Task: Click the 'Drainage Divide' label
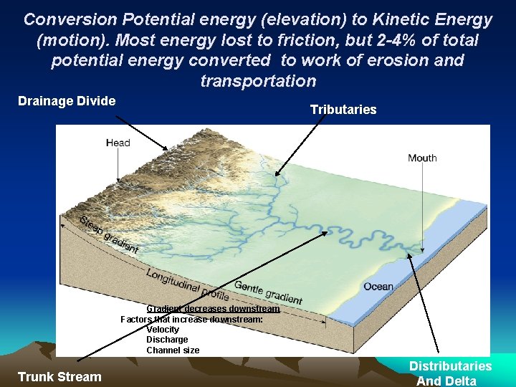point(66,101)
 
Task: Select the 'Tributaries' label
point(343,110)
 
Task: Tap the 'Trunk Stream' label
point(59,376)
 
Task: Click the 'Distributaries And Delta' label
point(449,373)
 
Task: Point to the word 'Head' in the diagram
point(118,143)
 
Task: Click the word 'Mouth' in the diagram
point(422,158)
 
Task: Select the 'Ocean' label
point(378,287)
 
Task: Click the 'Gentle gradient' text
point(268,292)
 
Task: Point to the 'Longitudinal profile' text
point(188,284)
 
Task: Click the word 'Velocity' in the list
point(163,330)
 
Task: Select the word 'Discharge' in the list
point(167,340)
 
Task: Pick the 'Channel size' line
point(173,350)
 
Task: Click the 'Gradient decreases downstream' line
point(213,309)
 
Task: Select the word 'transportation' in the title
point(258,81)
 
